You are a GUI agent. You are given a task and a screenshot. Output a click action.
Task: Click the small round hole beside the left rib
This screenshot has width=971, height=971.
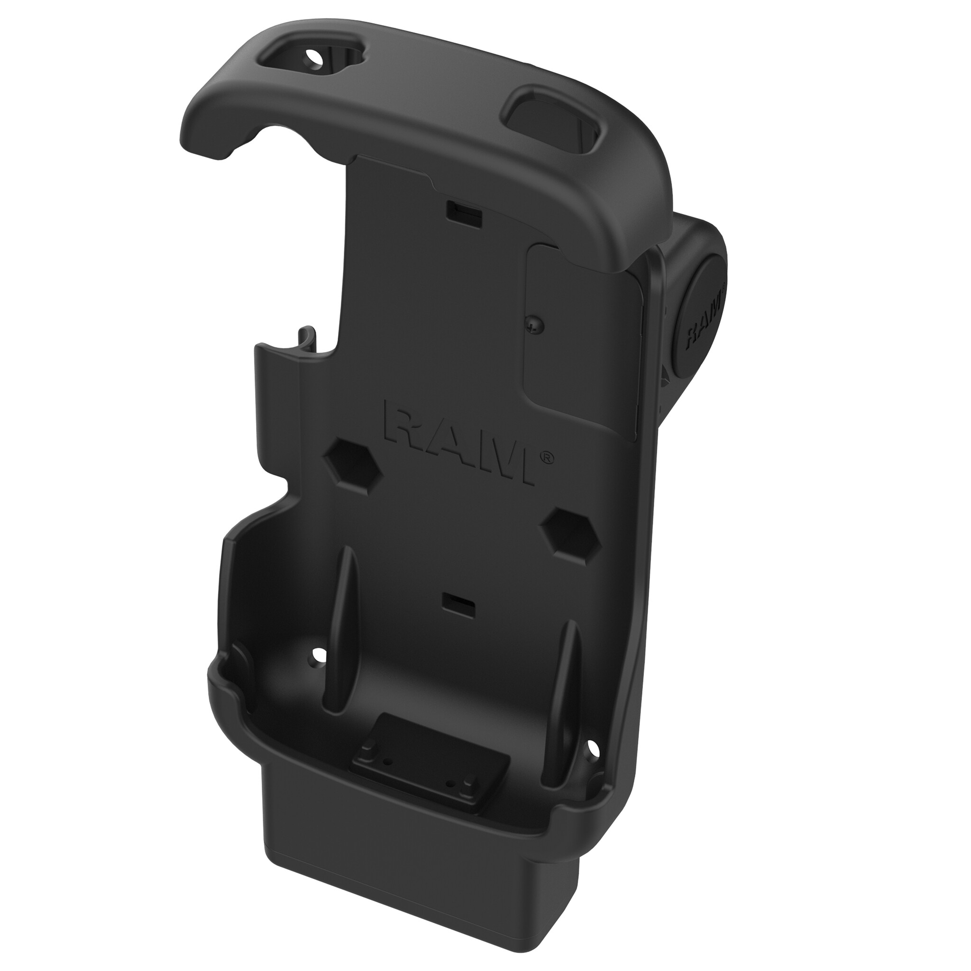[318, 654]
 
